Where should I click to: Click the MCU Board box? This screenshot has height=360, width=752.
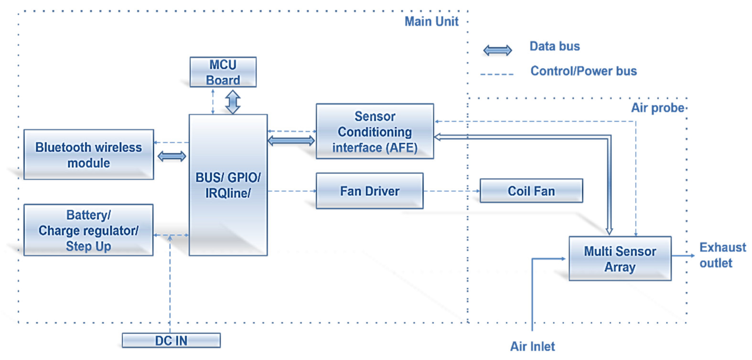pos(223,72)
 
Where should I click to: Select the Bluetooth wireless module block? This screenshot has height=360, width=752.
pos(89,155)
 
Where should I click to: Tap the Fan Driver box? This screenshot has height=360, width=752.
pos(370,191)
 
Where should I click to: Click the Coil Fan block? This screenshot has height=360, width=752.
pos(531,191)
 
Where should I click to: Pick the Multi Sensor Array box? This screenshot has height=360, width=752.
pos(620,258)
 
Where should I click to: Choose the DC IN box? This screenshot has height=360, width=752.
pos(171,340)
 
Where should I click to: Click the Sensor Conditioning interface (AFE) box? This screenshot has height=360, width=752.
pos(375,131)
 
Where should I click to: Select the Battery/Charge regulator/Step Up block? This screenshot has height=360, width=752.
pos(88,230)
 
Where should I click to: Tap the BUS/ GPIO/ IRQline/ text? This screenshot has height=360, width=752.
pos(228,185)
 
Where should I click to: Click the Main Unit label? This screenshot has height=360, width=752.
pos(431,21)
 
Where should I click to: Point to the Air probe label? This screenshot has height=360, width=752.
pos(657,108)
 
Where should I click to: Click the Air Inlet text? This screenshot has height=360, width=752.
pos(532,346)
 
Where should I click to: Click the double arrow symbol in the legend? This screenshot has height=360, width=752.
pos(497,50)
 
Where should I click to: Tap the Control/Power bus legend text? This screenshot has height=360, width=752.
pos(583,71)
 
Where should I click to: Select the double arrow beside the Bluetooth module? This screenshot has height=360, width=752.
pos(172,156)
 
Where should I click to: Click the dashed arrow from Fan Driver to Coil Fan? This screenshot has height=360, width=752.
pos(451,191)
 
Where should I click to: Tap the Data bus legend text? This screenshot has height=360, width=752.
pos(555,46)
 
